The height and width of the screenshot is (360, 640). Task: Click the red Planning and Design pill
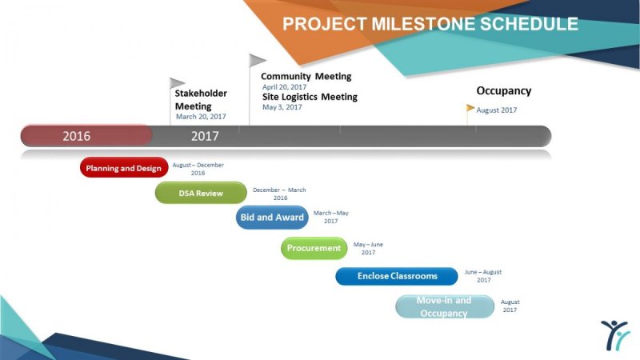[124, 167]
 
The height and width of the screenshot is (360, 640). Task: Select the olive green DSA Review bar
[201, 193]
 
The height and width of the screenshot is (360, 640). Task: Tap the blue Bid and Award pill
[272, 217]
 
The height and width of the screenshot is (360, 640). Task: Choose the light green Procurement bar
[314, 248]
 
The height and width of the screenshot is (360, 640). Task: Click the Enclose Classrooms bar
[397, 276]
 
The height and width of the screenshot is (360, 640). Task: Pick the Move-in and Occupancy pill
[445, 306]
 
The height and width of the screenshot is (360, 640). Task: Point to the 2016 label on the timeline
[76, 136]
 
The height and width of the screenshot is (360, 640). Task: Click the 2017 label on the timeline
[205, 136]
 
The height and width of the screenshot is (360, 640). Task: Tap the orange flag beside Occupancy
[470, 108]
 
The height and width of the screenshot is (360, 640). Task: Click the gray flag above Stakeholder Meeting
[176, 83]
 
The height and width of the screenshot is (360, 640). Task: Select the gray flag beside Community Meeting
[257, 60]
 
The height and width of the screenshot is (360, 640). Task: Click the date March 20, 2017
[201, 117]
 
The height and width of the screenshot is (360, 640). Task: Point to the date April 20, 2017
[285, 87]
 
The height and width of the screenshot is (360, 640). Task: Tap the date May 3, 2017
[282, 107]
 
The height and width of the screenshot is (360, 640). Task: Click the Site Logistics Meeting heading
[310, 97]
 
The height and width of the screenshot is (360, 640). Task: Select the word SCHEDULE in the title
[529, 24]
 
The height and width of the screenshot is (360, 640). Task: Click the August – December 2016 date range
[198, 169]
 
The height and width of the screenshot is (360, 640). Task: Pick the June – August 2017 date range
[483, 276]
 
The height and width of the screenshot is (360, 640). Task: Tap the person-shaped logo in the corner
[615, 335]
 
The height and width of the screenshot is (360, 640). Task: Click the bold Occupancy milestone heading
[504, 91]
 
